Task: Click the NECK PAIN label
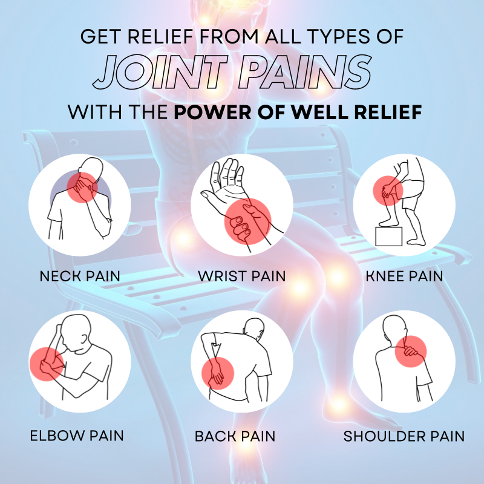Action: point(80,276)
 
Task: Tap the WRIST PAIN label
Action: point(242,276)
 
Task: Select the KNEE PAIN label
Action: point(404,276)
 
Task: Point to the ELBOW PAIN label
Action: point(77,436)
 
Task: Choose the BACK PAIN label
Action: point(235,436)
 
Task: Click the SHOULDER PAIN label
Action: point(404,436)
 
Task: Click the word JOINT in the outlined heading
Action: point(160,72)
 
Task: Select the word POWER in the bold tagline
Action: point(213,112)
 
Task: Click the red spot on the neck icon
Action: point(82,188)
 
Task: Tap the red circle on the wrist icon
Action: point(248,221)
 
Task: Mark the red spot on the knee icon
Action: point(388,191)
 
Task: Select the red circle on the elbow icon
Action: point(47,364)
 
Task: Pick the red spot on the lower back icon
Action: point(218,373)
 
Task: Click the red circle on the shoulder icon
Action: point(411,352)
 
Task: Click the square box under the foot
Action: point(389,237)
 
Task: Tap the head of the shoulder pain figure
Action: point(394,327)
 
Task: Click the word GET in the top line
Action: point(100,36)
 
